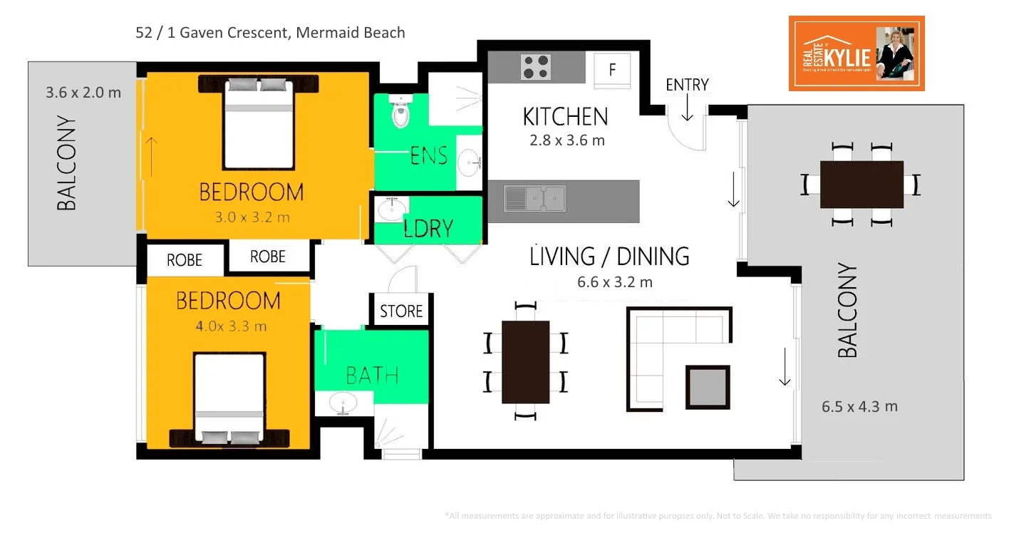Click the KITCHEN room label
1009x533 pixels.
[565, 117]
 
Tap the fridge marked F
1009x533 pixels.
[612, 71]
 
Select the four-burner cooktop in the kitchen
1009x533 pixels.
[536, 67]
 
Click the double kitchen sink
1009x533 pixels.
[534, 199]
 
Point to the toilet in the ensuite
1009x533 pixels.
[400, 113]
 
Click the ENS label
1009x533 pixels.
[428, 155]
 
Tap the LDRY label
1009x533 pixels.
[428, 228]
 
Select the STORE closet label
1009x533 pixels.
[401, 311]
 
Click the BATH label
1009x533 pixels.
[372, 376]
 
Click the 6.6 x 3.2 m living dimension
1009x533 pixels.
[614, 282]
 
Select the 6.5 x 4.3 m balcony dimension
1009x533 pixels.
[859, 407]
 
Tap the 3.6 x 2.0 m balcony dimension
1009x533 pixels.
[83, 93]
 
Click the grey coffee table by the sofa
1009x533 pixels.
[707, 388]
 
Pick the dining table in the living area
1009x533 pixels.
[525, 362]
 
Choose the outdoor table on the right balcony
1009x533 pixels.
[861, 185]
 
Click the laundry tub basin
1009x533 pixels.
[390, 211]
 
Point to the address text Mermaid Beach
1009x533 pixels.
[351, 33]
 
